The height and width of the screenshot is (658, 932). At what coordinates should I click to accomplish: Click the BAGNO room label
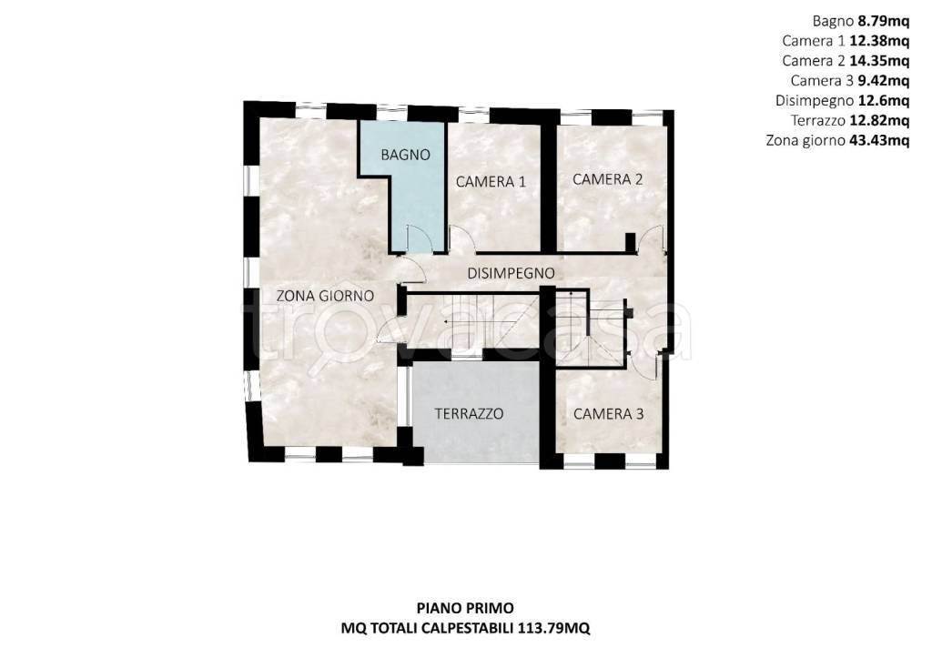coord(405,155)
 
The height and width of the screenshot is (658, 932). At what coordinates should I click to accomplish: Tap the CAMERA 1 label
coord(491,182)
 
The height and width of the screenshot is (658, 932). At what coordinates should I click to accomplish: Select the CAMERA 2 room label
coord(607,179)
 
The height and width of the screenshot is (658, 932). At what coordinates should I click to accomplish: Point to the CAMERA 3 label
coord(608,414)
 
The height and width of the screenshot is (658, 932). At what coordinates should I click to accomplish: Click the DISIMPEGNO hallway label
coord(512,273)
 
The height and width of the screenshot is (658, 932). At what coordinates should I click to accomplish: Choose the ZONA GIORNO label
coord(325,296)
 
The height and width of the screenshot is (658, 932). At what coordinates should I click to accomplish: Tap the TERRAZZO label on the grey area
coord(469,414)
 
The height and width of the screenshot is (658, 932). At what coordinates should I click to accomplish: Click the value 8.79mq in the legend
coord(883,22)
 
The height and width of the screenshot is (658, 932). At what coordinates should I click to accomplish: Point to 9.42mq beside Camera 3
coord(883,80)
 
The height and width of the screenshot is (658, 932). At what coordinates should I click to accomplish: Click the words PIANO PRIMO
coord(465,608)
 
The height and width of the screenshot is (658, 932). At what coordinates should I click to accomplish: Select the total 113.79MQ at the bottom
coord(554,628)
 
